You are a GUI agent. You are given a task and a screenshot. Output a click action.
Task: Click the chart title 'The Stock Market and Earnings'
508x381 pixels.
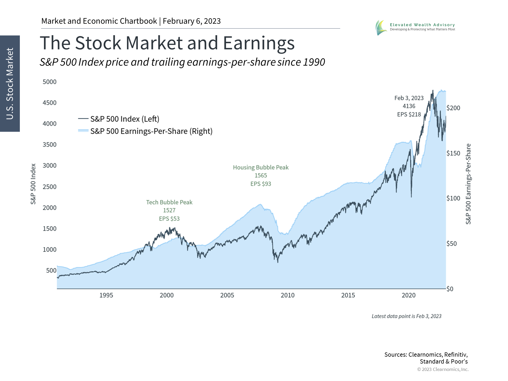click(x=167, y=43)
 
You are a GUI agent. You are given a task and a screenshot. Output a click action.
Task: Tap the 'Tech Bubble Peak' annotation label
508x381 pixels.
click(x=169, y=202)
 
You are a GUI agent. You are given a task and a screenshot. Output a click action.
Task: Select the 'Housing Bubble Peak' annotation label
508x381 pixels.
click(x=261, y=167)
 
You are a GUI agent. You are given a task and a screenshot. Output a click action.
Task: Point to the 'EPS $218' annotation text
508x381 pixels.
click(x=409, y=115)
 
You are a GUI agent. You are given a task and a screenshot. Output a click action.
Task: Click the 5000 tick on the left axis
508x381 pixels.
click(x=49, y=82)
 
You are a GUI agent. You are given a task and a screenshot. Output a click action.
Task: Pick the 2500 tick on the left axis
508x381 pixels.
click(x=49, y=187)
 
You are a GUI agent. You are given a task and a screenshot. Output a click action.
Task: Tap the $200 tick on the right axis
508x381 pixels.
click(x=453, y=108)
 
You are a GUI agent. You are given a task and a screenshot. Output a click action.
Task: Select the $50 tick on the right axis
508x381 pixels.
click(x=452, y=244)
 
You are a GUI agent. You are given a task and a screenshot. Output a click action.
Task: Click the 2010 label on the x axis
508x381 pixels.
click(x=288, y=295)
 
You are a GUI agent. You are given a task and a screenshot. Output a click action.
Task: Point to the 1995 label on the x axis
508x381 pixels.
click(x=106, y=295)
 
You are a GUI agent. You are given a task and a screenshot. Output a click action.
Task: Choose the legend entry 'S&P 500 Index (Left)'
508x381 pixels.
click(x=125, y=119)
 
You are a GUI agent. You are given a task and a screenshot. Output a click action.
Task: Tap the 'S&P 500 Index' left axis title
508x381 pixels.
click(x=33, y=184)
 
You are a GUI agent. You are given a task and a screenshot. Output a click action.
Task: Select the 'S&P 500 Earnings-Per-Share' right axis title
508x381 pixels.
click(x=468, y=184)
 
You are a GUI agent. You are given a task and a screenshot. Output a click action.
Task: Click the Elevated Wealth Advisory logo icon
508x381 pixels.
click(x=381, y=28)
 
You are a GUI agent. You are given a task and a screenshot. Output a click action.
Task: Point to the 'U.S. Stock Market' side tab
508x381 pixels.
click(x=10, y=84)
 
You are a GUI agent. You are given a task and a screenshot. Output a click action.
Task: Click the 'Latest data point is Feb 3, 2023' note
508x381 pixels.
click(x=406, y=316)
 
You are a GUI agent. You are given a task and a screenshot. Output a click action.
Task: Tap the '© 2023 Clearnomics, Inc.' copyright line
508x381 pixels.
click(x=443, y=369)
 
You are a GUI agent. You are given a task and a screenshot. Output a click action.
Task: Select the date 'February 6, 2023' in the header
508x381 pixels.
click(x=192, y=21)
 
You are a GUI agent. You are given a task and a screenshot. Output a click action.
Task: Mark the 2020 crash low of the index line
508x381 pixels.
click(x=411, y=197)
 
